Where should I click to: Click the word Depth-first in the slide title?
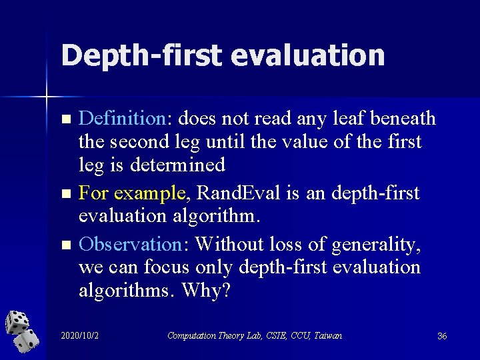[x=141, y=55]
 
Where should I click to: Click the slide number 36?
[x=441, y=336]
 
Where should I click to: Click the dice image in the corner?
[x=22, y=331]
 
